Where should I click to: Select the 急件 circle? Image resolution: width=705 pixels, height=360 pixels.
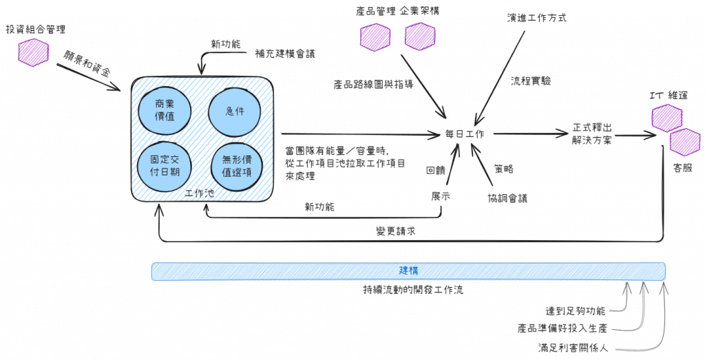[235, 109]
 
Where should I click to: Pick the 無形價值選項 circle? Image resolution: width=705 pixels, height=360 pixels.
[235, 166]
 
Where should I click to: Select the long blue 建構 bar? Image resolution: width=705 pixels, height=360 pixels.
[408, 271]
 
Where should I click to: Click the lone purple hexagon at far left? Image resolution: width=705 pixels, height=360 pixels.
[33, 52]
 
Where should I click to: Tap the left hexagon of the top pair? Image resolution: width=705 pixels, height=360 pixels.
[375, 37]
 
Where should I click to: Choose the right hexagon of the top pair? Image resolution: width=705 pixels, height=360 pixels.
[420, 36]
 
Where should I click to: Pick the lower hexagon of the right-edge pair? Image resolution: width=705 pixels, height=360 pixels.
[684, 141]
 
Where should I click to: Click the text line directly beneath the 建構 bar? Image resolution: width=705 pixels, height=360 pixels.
[413, 289]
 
